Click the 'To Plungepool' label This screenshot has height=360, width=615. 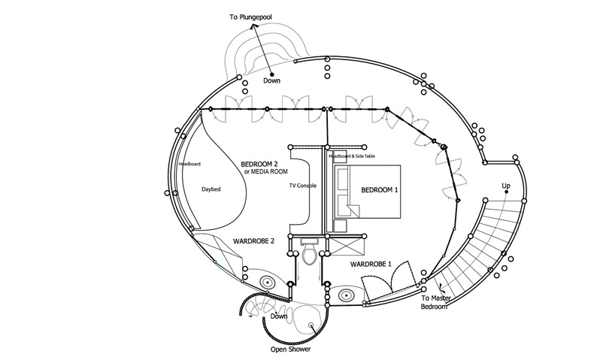tap(256, 16)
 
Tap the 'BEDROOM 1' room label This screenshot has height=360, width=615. tap(380, 190)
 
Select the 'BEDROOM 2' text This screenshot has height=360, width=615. tap(259, 164)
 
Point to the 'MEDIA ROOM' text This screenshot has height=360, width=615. tap(268, 171)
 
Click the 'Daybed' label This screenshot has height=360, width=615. tap(211, 189)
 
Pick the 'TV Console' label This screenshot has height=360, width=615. tap(304, 185)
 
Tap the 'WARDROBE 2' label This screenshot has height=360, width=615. tap(253, 241)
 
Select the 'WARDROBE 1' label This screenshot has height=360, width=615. tap(370, 265)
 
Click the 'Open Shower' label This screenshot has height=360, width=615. tap(291, 349)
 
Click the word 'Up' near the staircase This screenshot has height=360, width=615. tap(506, 186)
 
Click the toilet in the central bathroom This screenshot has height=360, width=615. tap(309, 256)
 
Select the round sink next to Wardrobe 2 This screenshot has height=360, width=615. tap(266, 281)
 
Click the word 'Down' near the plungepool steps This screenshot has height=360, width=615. tap(271, 80)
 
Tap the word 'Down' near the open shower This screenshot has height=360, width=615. tap(279, 316)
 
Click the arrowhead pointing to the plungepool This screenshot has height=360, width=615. tap(254, 26)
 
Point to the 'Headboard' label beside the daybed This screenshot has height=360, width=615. tap(189, 164)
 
